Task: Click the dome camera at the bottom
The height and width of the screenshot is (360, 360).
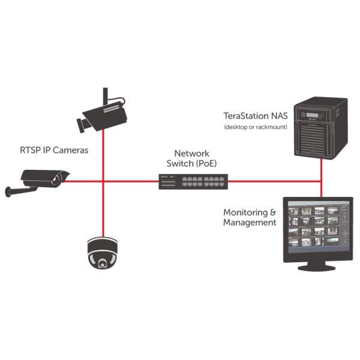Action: coord(103,253)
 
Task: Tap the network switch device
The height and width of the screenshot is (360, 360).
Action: coord(193,182)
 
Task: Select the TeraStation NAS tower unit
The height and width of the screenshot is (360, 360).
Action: coord(321,128)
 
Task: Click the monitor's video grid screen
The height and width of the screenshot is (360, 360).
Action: coord(319,227)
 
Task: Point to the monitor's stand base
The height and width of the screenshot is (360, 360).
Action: coord(317,267)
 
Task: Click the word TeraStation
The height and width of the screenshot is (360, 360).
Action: coord(246,116)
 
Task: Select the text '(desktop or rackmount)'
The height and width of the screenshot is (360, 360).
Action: coord(256,127)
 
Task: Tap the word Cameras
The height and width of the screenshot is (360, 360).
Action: coord(70,151)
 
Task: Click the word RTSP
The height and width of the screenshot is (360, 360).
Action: coord(30,151)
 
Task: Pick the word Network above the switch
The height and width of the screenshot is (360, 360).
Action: coord(192,154)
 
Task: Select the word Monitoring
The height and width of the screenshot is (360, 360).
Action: coord(245,213)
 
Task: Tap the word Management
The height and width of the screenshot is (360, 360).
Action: coord(250,223)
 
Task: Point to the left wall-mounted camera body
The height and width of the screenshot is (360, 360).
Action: coord(45,179)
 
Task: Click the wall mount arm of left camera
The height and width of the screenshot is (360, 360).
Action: coord(20,191)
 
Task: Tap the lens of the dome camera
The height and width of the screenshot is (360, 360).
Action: coord(102,263)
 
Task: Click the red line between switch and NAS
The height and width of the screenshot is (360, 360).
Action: coord(275,182)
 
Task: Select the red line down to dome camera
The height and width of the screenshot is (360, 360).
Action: coord(103,209)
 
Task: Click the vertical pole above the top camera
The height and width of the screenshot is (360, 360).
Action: coord(106,96)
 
